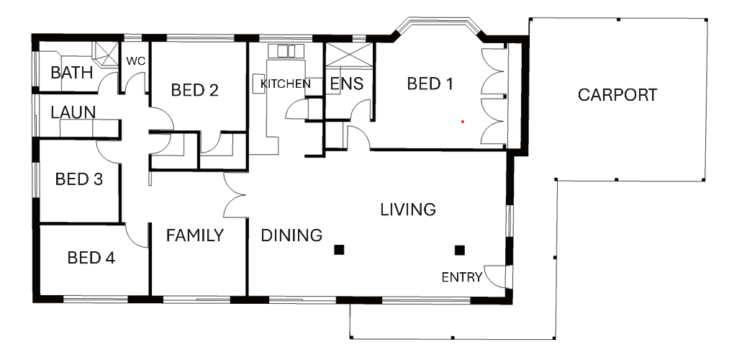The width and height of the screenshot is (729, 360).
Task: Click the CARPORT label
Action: click(617, 95)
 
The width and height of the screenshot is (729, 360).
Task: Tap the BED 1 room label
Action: click(430, 84)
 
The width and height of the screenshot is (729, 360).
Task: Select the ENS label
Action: click(346, 84)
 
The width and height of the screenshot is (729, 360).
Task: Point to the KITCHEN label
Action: click(286, 84)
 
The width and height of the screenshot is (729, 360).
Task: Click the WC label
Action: click(136, 61)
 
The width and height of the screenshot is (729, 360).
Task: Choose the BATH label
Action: click(71, 73)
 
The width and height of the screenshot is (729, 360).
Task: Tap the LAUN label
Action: click(73, 112)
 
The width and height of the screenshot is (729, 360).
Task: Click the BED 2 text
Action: click(195, 90)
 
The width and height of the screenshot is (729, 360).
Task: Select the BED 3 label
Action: click(78, 179)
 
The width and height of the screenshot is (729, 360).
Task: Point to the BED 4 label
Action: click(91, 257)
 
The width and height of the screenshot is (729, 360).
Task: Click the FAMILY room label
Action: click(195, 236)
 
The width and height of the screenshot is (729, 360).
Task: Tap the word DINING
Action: click(291, 235)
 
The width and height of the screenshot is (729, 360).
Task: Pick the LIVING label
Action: click(408, 210)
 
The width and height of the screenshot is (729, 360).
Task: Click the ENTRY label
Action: click(462, 278)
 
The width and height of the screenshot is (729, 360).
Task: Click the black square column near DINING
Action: click(339, 251)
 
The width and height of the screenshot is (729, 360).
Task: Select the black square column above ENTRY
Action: click(460, 251)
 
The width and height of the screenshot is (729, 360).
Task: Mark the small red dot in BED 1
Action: click(463, 122)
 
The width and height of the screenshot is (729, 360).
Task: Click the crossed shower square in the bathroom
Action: click(106, 53)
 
